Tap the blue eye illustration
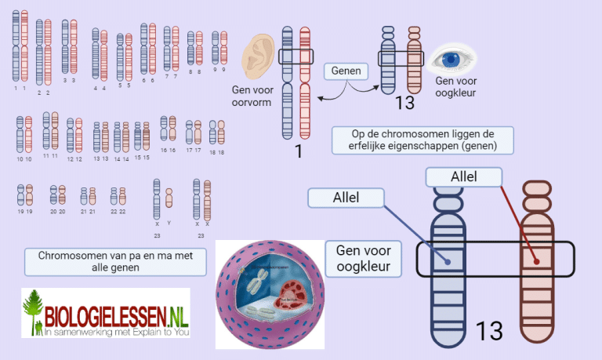(x=450, y=60)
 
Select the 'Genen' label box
(x=346, y=71)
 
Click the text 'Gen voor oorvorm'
(x=251, y=98)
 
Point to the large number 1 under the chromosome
(x=297, y=151)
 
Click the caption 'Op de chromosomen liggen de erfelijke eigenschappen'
(x=422, y=140)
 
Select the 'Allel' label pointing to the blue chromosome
(x=346, y=198)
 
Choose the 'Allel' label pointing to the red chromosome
(x=464, y=177)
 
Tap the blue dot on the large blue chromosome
(x=448, y=261)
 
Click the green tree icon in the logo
(x=33, y=312)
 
